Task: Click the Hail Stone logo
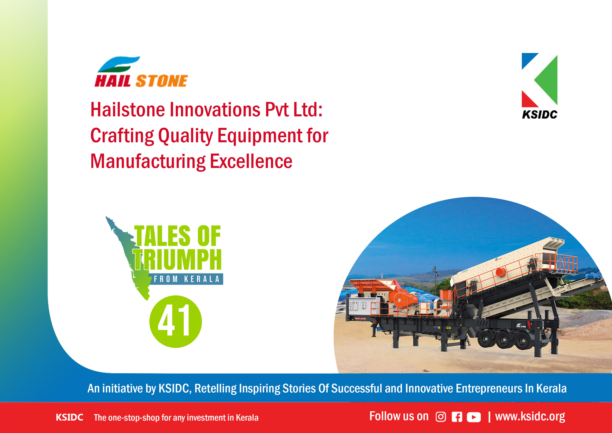click(x=141, y=72)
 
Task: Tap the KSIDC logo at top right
click(x=540, y=86)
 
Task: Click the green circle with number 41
click(x=176, y=321)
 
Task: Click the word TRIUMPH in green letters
click(x=177, y=260)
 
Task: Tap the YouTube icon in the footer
click(x=474, y=417)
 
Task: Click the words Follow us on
click(x=399, y=416)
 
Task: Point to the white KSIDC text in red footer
click(x=69, y=417)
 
